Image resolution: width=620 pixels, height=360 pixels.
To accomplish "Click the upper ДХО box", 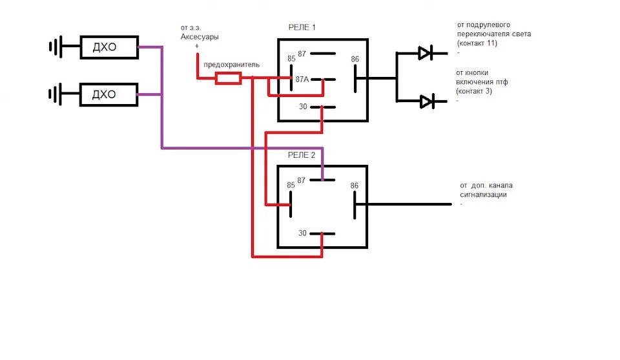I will pyautogui.click(x=108, y=47).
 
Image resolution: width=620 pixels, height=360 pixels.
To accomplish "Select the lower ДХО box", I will pyautogui.click(x=108, y=94).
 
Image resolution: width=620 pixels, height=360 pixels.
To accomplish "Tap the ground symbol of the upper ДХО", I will pyautogui.click(x=56, y=47).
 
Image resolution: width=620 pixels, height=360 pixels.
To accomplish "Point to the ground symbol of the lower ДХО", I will pyautogui.click(x=56, y=94).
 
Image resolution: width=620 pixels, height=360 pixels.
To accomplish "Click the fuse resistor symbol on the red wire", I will pyautogui.click(x=228, y=78).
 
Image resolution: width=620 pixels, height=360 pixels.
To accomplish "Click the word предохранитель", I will pyautogui.click(x=231, y=65).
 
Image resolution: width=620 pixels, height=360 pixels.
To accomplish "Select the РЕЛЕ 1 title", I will pyautogui.click(x=302, y=27).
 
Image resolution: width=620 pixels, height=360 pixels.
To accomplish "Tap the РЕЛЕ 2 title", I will pyautogui.click(x=302, y=155).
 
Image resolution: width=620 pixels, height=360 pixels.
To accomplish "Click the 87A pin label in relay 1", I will pyautogui.click(x=302, y=79).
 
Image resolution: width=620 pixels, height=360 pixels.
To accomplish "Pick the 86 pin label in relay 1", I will pyautogui.click(x=355, y=59).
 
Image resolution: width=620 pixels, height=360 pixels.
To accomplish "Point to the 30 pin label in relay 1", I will pyautogui.click(x=302, y=107).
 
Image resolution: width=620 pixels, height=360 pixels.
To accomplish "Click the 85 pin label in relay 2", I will pyautogui.click(x=291, y=185).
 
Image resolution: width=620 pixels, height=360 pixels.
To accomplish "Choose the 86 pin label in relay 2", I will pyautogui.click(x=354, y=186).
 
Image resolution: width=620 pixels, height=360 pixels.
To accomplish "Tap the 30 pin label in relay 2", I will pyautogui.click(x=302, y=233).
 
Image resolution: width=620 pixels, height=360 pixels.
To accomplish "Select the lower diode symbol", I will pyautogui.click(x=426, y=101).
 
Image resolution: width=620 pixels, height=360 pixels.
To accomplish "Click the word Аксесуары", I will pyautogui.click(x=199, y=37).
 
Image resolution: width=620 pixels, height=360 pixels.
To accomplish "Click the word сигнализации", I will pyautogui.click(x=483, y=195).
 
